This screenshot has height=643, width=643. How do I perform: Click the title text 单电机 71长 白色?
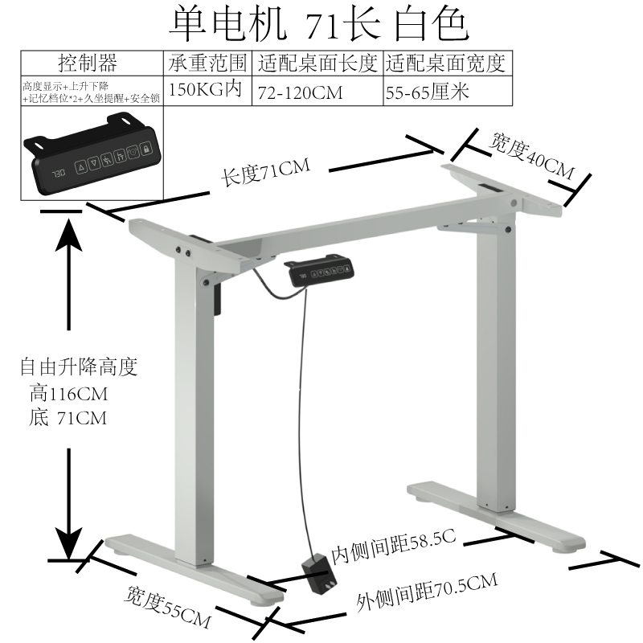tap(317, 24)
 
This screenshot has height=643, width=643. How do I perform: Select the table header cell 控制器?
tap(88, 63)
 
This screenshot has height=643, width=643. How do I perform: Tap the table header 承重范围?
tap(207, 63)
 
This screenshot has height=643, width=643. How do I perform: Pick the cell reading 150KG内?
tap(205, 89)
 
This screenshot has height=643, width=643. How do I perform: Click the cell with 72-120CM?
tap(300, 92)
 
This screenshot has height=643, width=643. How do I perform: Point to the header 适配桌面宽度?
tap(448, 63)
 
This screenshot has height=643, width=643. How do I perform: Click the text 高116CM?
tap(68, 395)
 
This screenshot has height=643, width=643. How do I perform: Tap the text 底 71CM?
tap(68, 418)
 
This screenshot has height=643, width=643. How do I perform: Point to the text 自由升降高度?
tap(79, 369)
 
